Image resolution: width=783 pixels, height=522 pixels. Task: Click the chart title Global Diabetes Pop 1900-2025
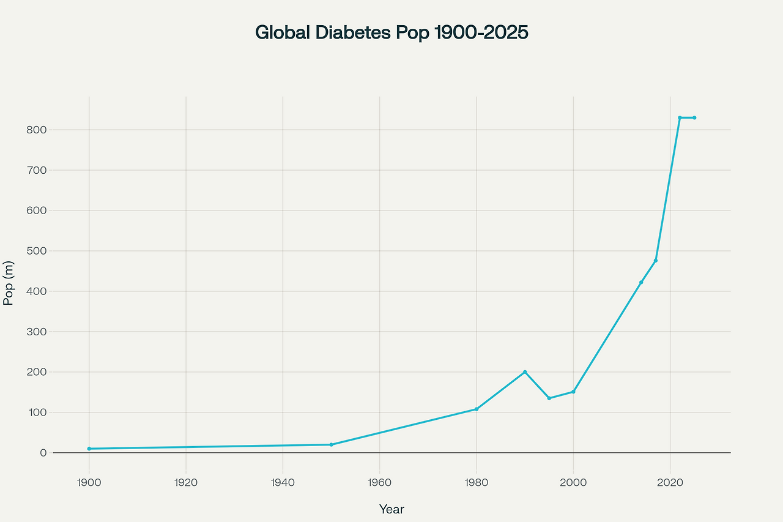click(x=391, y=32)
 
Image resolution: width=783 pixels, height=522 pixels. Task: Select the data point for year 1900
click(x=89, y=449)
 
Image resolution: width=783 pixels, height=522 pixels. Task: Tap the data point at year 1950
click(x=331, y=444)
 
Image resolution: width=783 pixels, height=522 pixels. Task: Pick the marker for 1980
click(x=477, y=409)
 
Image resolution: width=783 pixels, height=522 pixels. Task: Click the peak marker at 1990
click(x=525, y=372)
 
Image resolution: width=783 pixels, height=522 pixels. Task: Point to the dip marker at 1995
click(x=549, y=398)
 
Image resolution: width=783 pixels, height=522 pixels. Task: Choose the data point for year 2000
click(x=573, y=392)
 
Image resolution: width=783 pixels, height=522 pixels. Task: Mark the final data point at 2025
click(x=694, y=117)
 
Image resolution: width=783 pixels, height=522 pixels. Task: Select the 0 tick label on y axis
click(x=43, y=453)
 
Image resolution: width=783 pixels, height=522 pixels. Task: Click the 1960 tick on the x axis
click(x=380, y=482)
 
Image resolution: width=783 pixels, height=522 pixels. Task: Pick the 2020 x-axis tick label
click(x=670, y=482)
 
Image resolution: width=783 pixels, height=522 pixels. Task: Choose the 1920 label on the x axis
click(x=186, y=482)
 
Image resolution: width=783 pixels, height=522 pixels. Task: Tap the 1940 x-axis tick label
click(x=283, y=482)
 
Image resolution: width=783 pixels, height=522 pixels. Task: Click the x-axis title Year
click(x=391, y=509)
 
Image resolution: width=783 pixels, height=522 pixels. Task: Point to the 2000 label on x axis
click(x=573, y=482)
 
